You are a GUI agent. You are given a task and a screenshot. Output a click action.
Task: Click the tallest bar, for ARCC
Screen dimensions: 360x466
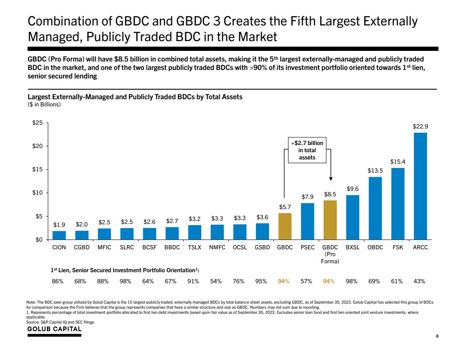click(x=420, y=186)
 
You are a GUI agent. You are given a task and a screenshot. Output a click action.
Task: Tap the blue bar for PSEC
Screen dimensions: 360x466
click(x=308, y=221)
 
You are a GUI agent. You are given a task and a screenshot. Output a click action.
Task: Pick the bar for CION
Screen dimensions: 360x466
click(x=59, y=235)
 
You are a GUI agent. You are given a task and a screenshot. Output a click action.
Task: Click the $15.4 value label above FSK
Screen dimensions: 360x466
click(x=397, y=162)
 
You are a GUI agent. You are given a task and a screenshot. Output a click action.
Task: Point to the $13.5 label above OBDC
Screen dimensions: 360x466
click(x=375, y=170)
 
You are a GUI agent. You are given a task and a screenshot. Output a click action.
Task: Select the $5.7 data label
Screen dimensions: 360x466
click(x=285, y=207)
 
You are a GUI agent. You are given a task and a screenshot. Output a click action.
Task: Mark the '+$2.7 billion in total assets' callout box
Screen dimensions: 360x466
click(x=308, y=151)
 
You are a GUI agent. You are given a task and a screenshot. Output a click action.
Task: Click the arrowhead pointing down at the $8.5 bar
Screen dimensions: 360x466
click(x=330, y=180)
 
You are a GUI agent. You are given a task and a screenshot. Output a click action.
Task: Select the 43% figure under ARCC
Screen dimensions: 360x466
click(x=420, y=281)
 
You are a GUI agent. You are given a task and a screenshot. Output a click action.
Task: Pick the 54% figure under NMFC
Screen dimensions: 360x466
click(x=217, y=281)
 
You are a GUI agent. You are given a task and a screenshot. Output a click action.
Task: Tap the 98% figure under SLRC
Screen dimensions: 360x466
click(x=127, y=281)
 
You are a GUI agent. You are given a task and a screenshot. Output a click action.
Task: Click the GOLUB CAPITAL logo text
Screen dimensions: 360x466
click(x=54, y=329)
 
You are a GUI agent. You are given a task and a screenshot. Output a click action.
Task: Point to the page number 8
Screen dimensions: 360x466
click(x=437, y=336)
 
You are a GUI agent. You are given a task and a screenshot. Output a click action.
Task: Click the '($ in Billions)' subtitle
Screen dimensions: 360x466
click(x=44, y=105)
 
